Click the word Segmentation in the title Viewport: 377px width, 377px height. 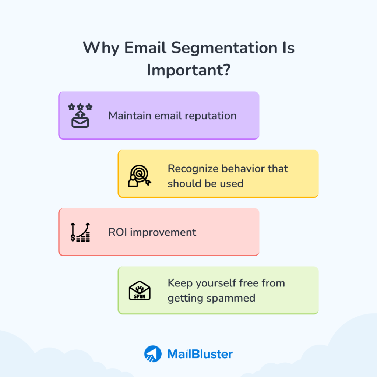(224, 48)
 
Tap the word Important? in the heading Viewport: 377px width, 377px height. (189, 70)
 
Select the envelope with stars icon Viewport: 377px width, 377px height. (80, 115)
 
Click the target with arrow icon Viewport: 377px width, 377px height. (140, 176)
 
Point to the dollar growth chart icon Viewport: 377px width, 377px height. (80, 232)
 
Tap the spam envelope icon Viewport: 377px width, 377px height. (140, 290)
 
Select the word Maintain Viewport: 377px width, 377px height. (130, 116)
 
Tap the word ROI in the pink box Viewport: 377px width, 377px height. (117, 232)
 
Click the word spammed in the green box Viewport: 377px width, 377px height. (231, 299)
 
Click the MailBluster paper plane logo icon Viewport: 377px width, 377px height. (153, 354)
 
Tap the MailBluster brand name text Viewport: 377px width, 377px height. (200, 354)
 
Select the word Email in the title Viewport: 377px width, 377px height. (145, 47)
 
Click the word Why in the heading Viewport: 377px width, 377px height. (101, 48)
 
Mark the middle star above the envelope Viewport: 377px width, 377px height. (80, 106)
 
